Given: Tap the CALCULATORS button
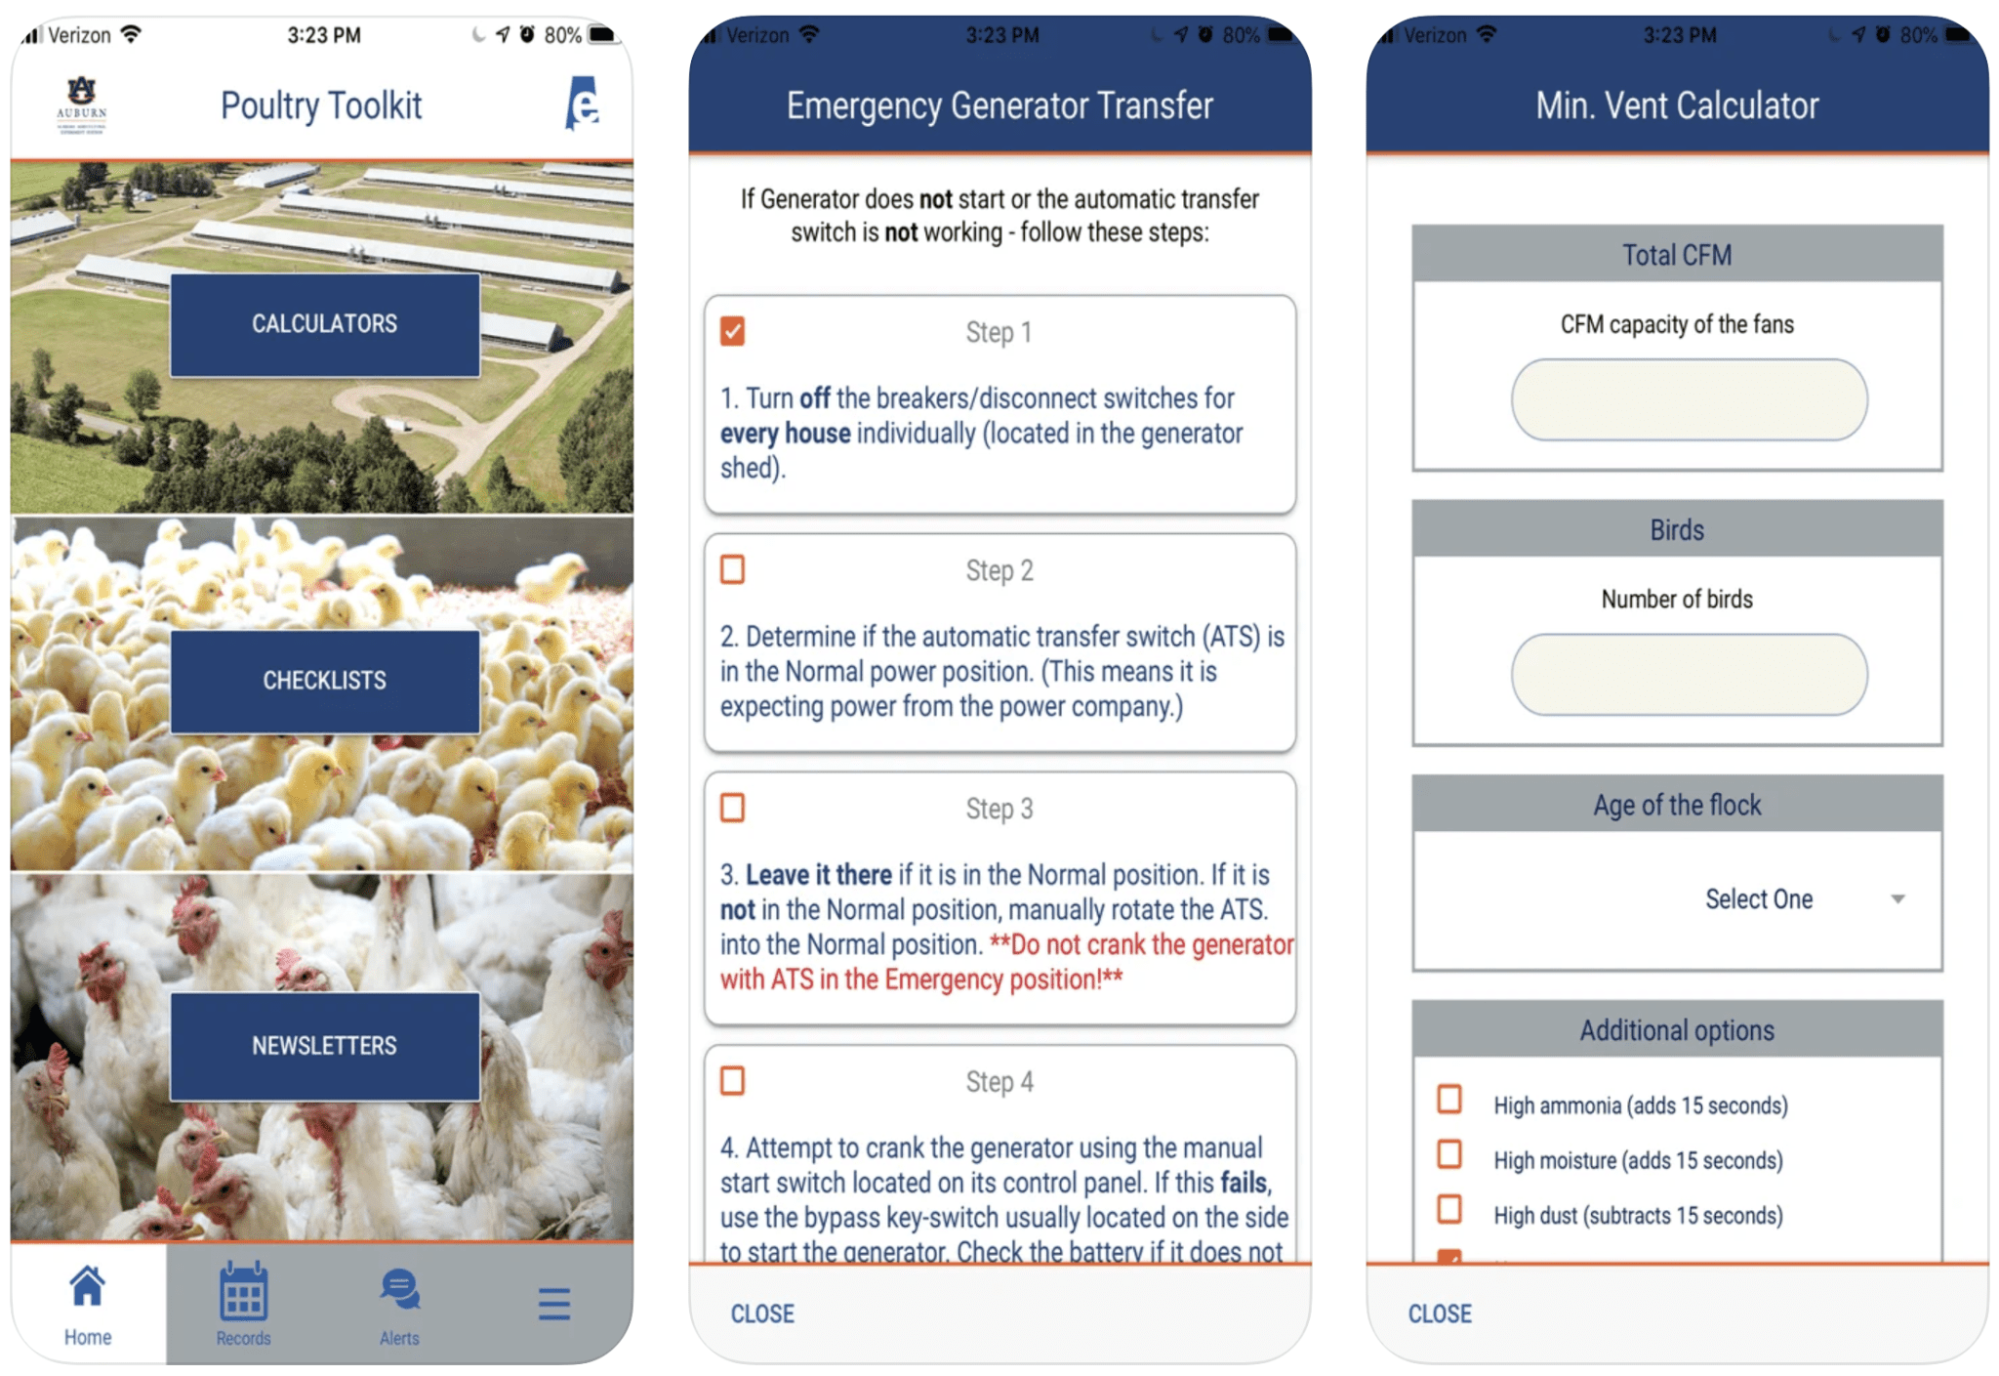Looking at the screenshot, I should click(324, 324).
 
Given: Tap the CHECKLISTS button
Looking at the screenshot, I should click(324, 681).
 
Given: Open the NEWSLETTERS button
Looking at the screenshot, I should click(324, 1046).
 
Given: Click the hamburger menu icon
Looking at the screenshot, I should click(553, 1304).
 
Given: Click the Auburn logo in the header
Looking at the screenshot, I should click(82, 104).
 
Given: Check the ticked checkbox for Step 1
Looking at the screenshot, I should click(733, 331).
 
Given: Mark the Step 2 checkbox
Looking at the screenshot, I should click(733, 569).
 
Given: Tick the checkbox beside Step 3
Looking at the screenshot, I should click(733, 808).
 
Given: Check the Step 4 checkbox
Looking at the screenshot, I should click(733, 1081).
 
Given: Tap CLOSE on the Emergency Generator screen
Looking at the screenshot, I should click(762, 1313).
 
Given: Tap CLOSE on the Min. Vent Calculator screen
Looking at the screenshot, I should click(1440, 1313).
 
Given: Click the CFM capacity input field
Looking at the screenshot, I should click(1689, 399).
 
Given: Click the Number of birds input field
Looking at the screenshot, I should click(1689, 675).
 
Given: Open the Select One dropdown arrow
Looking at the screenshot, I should click(1897, 898).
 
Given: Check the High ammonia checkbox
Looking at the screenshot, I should click(1449, 1100).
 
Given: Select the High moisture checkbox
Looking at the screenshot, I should click(1449, 1154).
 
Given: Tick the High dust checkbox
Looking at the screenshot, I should click(1449, 1209).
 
